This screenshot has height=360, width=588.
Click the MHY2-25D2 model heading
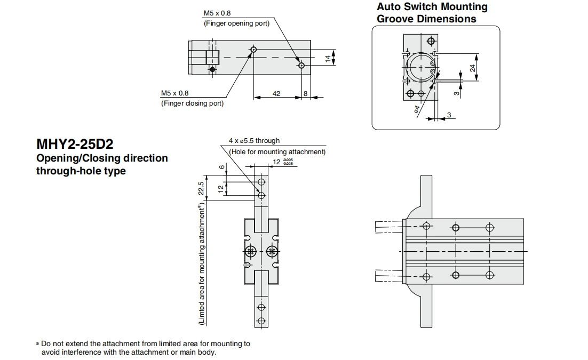(75, 144)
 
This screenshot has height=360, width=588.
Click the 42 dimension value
(276, 93)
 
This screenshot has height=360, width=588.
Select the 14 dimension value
(328, 59)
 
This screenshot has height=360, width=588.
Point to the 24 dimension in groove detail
(473, 68)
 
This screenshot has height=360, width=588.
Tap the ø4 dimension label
(417, 109)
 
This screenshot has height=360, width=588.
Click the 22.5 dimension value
(201, 188)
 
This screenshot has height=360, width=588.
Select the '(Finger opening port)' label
(236, 23)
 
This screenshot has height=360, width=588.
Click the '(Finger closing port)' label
(193, 103)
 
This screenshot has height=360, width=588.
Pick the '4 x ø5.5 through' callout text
(255, 141)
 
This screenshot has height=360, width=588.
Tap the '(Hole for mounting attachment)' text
(277, 152)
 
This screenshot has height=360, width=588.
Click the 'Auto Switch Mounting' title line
(432, 7)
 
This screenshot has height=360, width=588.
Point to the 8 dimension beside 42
(305, 93)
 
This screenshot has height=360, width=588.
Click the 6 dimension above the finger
(222, 167)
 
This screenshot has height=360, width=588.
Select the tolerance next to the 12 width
(288, 162)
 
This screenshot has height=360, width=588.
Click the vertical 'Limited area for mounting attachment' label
(202, 264)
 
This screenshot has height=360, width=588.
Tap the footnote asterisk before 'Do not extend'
(37, 344)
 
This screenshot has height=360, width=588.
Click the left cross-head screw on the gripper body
(250, 252)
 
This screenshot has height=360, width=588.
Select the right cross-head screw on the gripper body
(272, 252)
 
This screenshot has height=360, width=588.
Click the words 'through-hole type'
(81, 171)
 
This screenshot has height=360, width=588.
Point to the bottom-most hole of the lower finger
(261, 321)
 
